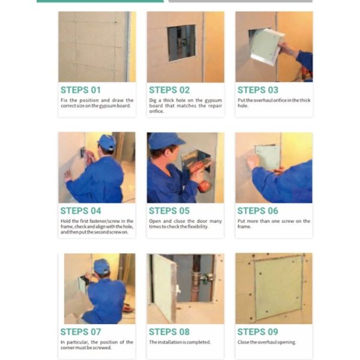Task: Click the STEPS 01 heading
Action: (80, 90)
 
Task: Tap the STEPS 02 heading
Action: (169, 90)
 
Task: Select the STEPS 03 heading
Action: (257, 90)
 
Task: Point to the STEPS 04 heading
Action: (80, 211)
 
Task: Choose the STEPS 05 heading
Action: (169, 211)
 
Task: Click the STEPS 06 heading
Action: (257, 211)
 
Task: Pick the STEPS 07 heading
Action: (80, 332)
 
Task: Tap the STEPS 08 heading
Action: (169, 332)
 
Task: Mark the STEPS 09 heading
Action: (257, 332)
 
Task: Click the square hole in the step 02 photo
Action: (181, 43)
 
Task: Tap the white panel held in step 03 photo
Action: (266, 46)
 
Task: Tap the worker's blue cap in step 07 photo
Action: (101, 265)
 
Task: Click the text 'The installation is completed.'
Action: (179, 343)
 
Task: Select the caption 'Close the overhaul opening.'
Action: (266, 343)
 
